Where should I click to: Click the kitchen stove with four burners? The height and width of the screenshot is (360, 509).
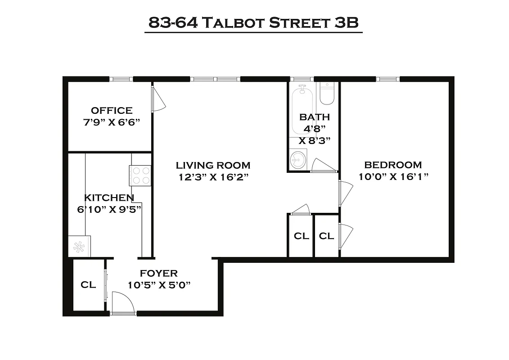140,175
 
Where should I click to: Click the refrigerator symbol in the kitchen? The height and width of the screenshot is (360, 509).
79,246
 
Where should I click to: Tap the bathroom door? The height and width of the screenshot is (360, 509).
324,166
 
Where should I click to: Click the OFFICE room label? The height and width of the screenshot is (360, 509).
112,110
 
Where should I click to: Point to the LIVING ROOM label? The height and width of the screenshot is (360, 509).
213,165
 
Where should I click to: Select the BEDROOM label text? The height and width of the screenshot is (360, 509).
393,165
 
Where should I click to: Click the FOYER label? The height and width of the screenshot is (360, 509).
158,273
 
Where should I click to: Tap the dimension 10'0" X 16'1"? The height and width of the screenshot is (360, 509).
393,176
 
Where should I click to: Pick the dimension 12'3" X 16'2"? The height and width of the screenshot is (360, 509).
213,177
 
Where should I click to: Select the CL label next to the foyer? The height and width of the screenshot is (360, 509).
88,285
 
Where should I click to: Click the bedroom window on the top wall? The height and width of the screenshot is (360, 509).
387,79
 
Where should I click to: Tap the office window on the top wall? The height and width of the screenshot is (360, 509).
122,79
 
